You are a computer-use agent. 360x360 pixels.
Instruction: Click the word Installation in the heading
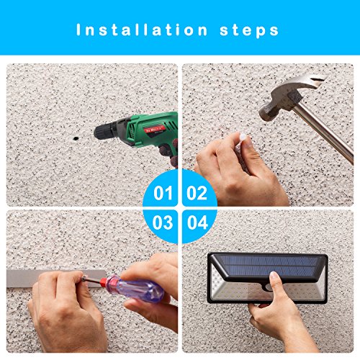(x=142, y=30)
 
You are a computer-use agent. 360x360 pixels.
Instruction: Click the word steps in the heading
(x=249, y=31)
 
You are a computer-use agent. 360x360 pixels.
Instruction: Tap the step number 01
(x=163, y=193)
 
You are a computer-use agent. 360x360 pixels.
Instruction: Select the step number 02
(x=197, y=193)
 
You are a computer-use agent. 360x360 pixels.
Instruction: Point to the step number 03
(x=163, y=222)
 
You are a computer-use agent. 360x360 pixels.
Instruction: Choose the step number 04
(x=197, y=222)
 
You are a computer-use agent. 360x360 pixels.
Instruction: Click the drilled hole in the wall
(x=76, y=138)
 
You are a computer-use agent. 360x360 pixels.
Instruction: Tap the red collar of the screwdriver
(x=104, y=282)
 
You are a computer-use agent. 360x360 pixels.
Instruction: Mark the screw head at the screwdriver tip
(x=84, y=279)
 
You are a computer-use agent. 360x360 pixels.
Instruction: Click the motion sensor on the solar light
(x=268, y=287)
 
